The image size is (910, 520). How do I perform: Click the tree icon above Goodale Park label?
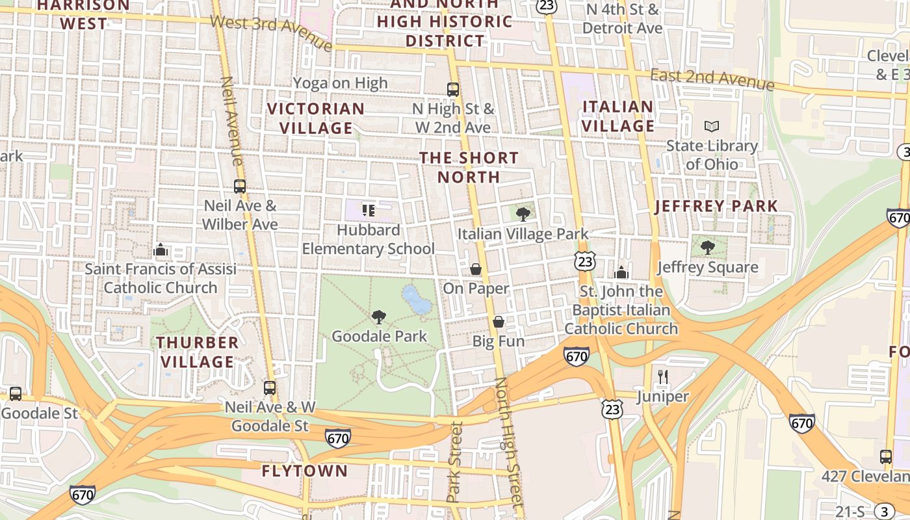pyautogui.click(x=379, y=317)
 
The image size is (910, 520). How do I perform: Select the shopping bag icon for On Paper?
pyautogui.click(x=476, y=269)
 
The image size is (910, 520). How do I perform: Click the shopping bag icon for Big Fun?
pyautogui.click(x=499, y=322)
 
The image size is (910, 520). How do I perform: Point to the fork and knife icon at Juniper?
pyautogui.click(x=663, y=376)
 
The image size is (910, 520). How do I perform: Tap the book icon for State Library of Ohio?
pyautogui.click(x=712, y=126)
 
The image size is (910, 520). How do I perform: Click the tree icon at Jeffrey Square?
pyautogui.click(x=708, y=248)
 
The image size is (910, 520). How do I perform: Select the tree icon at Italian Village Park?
pyautogui.click(x=523, y=214)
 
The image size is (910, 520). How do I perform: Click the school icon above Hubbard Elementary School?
pyautogui.click(x=369, y=211)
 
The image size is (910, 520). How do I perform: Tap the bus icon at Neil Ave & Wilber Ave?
pyautogui.click(x=240, y=187)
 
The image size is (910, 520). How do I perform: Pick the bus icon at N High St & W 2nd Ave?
pyautogui.click(x=453, y=90)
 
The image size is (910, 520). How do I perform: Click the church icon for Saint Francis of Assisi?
pyautogui.click(x=160, y=250)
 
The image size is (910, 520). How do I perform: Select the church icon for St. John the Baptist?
pyautogui.click(x=621, y=272)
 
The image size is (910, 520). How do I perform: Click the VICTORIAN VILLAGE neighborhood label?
pyautogui.click(x=316, y=118)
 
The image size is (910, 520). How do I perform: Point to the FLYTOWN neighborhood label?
pyautogui.click(x=305, y=471)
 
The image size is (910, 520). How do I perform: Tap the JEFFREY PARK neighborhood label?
pyautogui.click(x=716, y=207)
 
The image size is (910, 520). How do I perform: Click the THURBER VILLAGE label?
pyautogui.click(x=198, y=352)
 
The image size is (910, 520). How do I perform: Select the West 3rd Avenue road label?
pyautogui.click(x=272, y=32)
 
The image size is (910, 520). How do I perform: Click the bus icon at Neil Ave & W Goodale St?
pyautogui.click(x=270, y=388)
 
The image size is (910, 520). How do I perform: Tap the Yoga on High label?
pyautogui.click(x=340, y=83)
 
